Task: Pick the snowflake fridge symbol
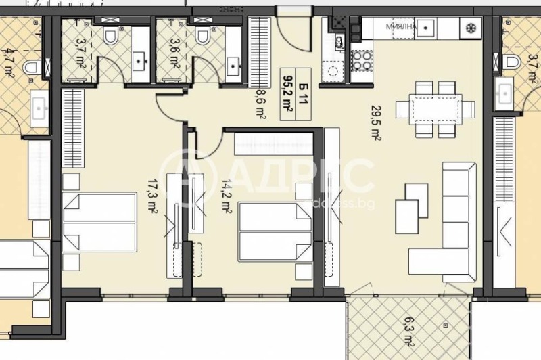click(x=468, y=28)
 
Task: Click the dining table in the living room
click(x=436, y=109)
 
